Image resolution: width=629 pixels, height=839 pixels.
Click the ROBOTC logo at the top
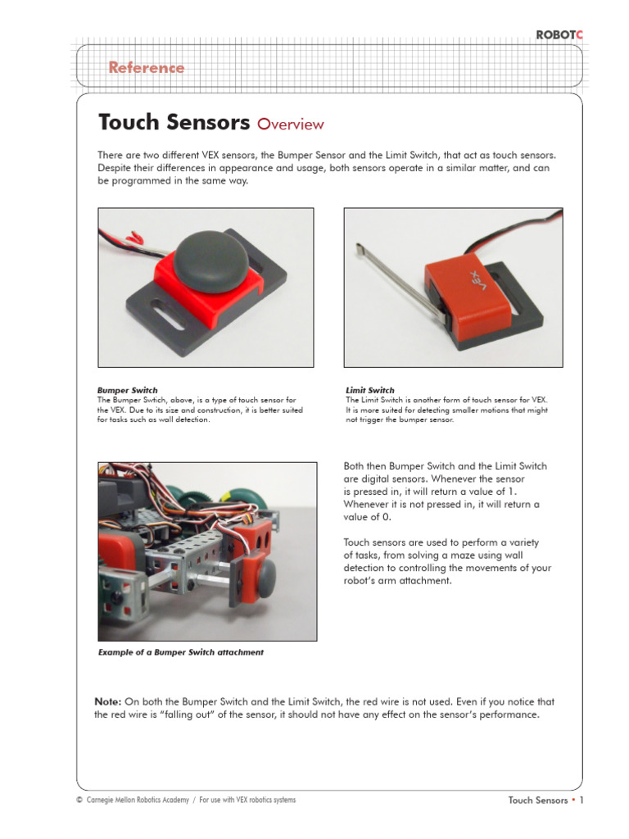coord(561,34)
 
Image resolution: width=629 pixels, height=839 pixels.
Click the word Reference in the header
coord(147,68)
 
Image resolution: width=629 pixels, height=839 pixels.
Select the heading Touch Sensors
coord(174,123)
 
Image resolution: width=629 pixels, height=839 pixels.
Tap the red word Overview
coord(290,125)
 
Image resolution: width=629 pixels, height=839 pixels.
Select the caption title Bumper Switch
coord(128,390)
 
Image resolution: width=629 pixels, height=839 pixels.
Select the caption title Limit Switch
coord(370,390)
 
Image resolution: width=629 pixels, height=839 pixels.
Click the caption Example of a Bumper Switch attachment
coord(181,653)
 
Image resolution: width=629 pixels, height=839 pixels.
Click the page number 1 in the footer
coord(581,800)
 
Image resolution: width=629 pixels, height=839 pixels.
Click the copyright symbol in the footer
coord(79,800)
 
